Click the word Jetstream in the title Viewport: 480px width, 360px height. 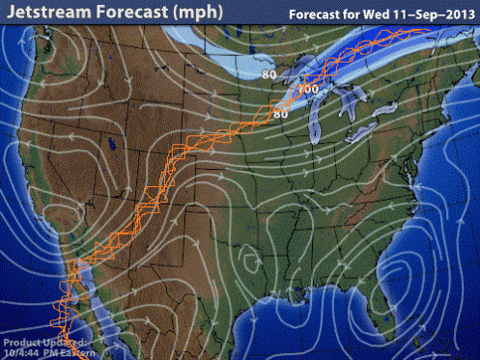coord(50,13)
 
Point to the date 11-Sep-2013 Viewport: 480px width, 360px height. coord(436,14)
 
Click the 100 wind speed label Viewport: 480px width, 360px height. coord(309,90)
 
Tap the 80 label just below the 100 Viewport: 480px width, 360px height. coord(281,115)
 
